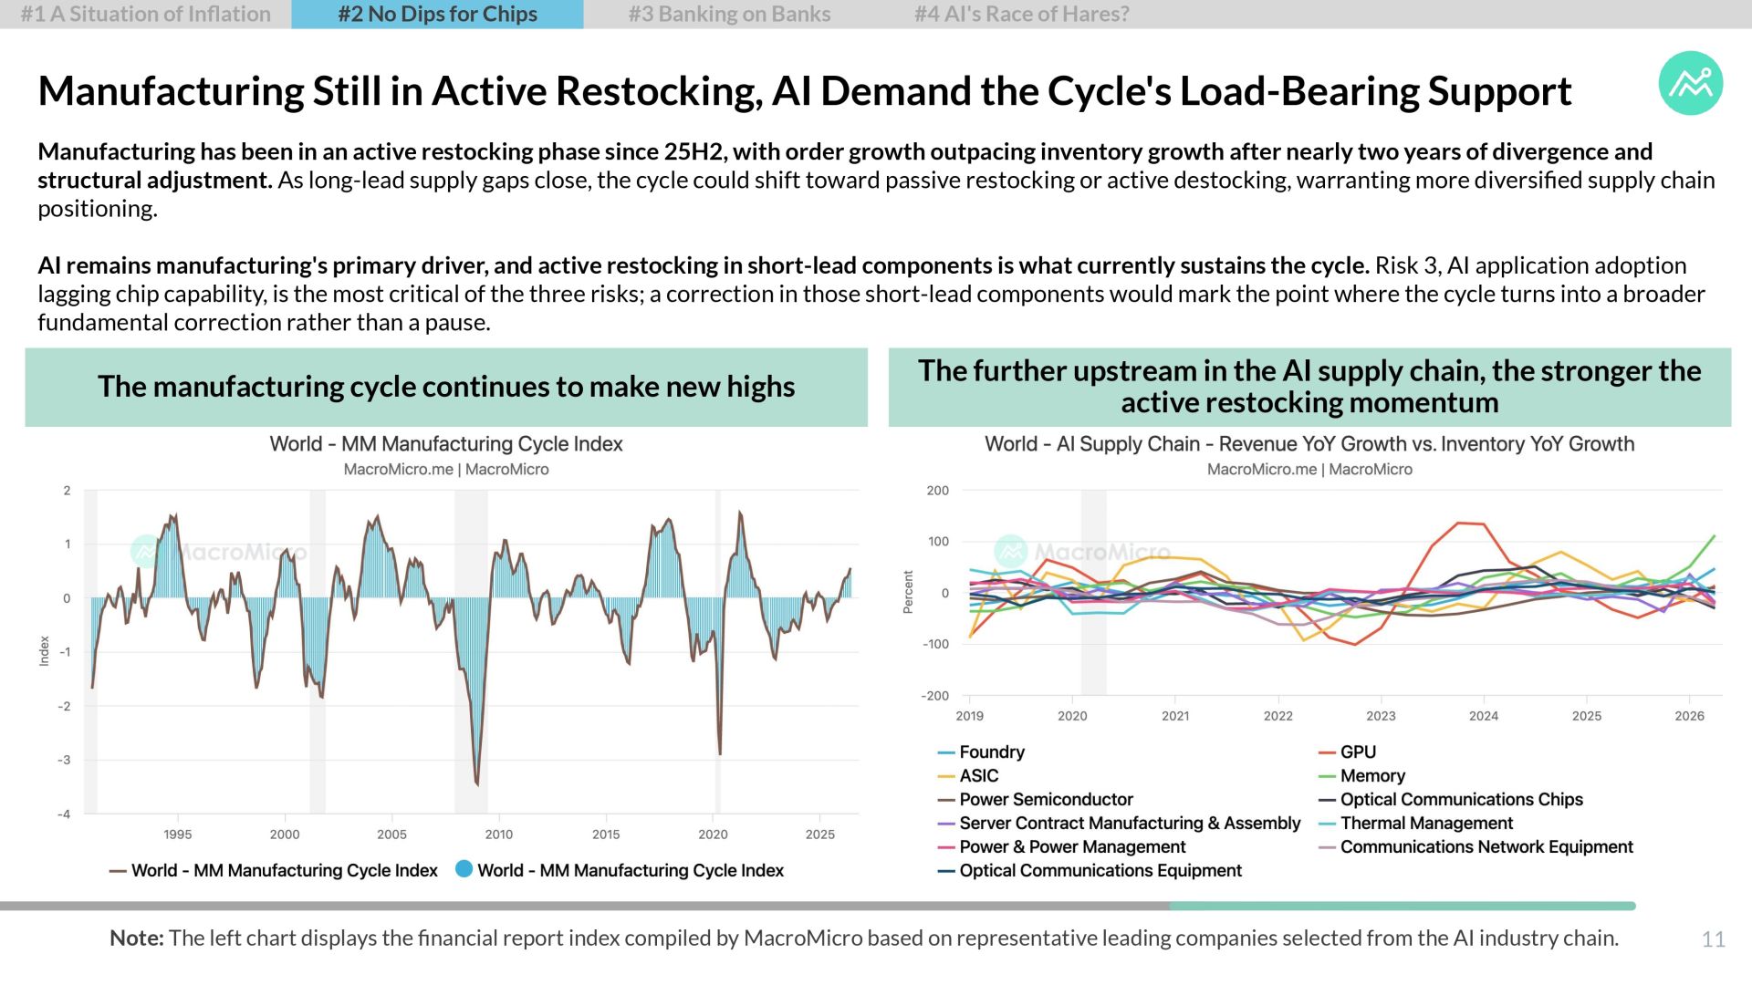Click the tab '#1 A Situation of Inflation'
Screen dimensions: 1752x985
146,15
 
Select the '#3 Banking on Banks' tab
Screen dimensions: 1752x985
729,15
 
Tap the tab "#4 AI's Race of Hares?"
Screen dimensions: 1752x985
1021,15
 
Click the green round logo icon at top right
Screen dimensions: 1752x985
1691,83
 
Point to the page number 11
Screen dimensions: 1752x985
1713,939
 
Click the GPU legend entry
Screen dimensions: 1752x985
1348,752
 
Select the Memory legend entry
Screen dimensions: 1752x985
1362,776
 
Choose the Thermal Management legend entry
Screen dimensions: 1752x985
1416,824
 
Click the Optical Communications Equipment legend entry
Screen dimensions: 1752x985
1090,871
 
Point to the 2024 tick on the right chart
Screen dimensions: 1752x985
1484,716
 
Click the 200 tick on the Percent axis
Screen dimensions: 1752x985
938,491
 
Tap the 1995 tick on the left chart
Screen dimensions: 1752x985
178,835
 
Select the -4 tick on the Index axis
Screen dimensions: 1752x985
64,814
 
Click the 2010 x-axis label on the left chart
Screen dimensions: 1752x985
499,835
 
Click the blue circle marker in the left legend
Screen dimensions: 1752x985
464,869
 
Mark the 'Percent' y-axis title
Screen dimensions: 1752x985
908,592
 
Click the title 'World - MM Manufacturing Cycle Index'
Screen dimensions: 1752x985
446,444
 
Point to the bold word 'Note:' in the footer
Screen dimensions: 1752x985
136,938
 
